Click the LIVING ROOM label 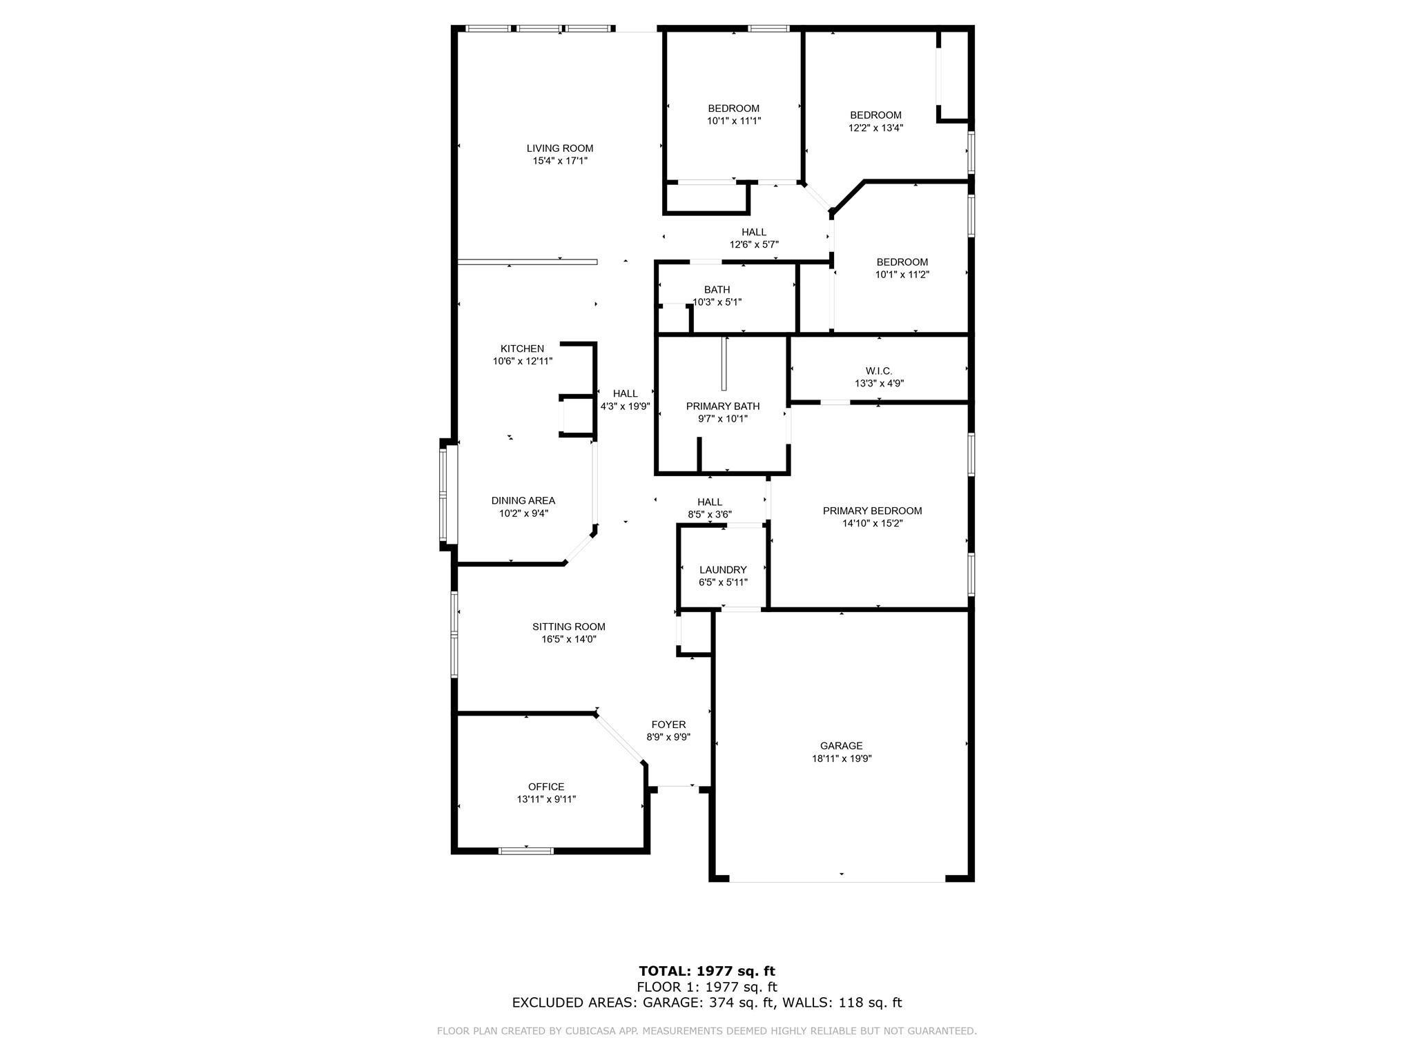coord(559,148)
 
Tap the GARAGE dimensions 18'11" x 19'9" coord(841,758)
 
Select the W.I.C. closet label coord(878,371)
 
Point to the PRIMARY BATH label coord(722,406)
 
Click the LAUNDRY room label coord(722,570)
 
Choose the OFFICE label coord(545,787)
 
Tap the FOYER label coord(668,725)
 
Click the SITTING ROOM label coord(568,627)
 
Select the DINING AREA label coord(523,501)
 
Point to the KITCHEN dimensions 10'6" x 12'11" coord(523,361)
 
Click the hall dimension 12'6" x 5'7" coord(754,244)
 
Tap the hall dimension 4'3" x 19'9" coord(625,406)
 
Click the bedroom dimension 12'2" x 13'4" coord(875,128)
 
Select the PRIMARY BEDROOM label coord(872,511)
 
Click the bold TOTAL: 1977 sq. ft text coord(706,972)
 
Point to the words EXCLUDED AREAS coord(574,1003)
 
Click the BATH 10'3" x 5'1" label coord(717,296)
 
